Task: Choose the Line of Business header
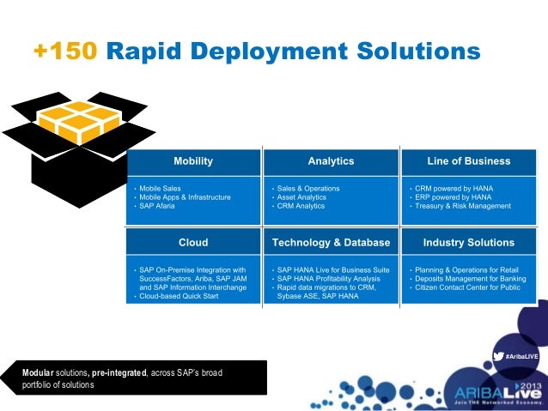pyautogui.click(x=468, y=161)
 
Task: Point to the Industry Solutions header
pyautogui.click(x=468, y=243)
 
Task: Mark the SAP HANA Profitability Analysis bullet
pyautogui.click(x=326, y=279)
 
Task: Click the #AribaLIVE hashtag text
pyautogui.click(x=521, y=356)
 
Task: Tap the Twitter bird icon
pyautogui.click(x=498, y=356)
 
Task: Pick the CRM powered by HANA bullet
pyautogui.click(x=448, y=188)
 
